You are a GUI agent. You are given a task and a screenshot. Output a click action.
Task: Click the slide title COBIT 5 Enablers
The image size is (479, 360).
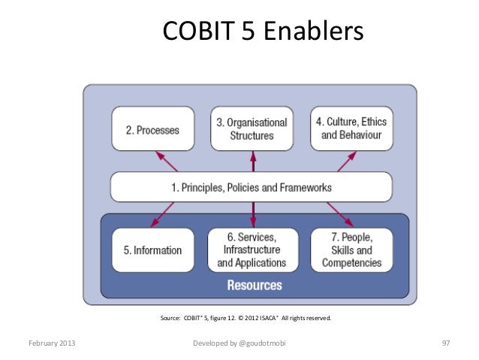[262, 32]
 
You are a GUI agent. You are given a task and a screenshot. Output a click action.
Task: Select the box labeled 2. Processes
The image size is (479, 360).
[152, 129]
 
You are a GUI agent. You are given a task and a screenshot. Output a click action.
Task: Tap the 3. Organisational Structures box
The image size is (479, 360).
[252, 129]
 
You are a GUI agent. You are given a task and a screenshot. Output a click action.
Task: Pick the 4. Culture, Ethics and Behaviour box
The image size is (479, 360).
[351, 129]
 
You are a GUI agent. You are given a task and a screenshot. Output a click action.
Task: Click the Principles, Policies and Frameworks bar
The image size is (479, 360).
[252, 187]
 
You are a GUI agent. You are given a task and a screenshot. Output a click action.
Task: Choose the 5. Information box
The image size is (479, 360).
[152, 250]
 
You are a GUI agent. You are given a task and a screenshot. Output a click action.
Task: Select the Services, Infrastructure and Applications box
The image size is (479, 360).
[252, 250]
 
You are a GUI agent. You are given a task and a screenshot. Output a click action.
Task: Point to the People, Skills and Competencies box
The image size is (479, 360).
[351, 250]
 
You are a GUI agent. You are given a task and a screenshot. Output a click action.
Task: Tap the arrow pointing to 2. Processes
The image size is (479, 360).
[166, 162]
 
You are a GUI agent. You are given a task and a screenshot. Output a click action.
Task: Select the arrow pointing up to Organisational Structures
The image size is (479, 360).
[252, 162]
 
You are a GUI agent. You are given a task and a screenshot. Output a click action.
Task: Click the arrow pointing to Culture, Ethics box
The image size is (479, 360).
[342, 162]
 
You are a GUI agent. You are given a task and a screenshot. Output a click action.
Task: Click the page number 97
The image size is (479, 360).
[445, 343]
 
